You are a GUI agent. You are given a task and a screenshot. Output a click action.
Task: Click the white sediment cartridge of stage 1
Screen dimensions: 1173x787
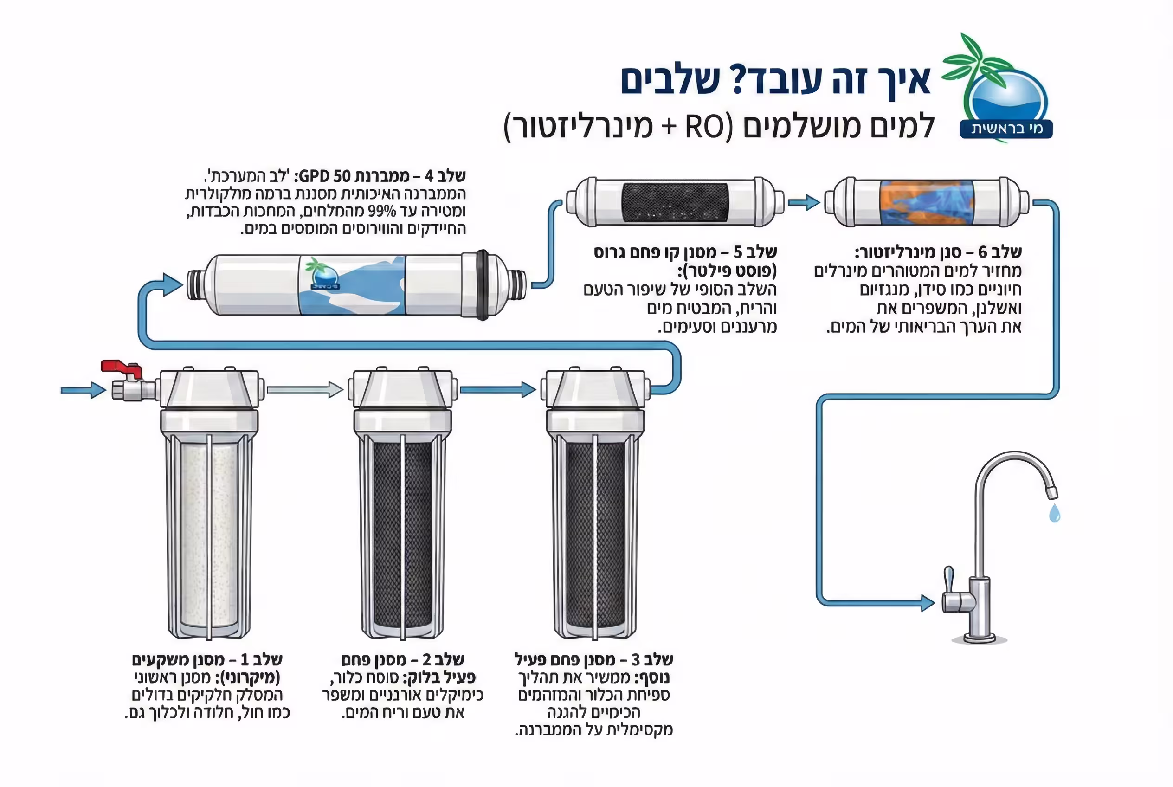209,535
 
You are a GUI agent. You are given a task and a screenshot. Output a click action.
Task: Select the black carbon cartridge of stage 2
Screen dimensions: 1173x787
403,535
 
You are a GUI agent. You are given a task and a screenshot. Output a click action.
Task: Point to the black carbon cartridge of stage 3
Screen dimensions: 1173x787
595,535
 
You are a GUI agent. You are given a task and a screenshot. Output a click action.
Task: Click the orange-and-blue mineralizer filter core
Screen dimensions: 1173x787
927,202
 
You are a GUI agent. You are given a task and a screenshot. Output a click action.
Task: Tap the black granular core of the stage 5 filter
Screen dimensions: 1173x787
675,202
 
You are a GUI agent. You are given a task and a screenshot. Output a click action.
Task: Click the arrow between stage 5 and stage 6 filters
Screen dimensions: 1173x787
804,202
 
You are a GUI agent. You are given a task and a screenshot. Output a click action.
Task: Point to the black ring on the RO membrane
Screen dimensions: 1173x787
483,284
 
